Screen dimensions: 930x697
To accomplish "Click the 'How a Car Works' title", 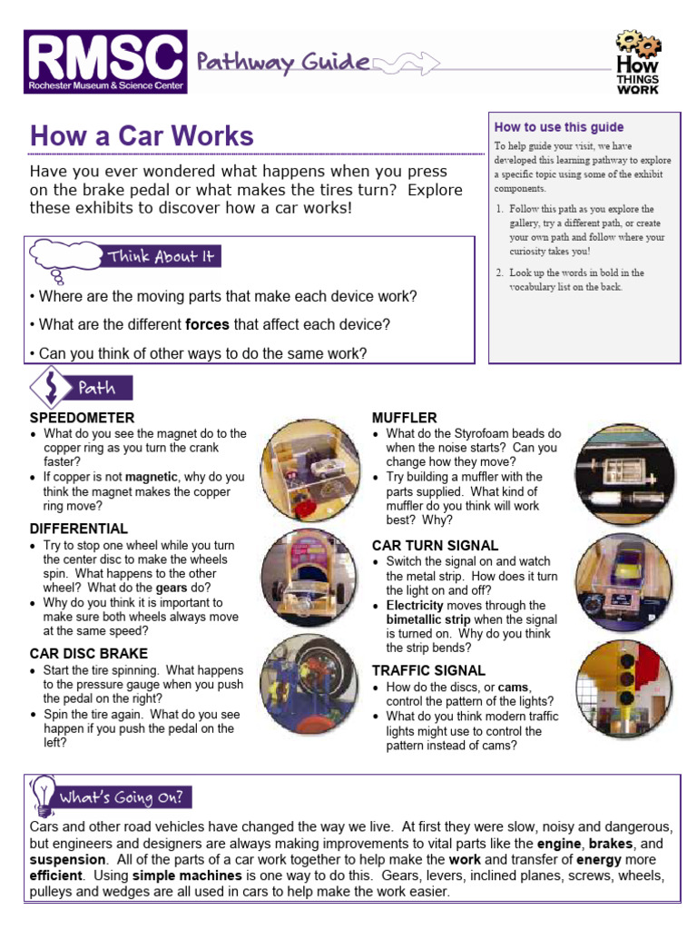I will (142, 136).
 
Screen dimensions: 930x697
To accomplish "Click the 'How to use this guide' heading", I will (558, 127).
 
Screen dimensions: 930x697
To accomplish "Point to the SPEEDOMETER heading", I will (82, 418).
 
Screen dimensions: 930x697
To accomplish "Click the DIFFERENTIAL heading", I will (79, 529).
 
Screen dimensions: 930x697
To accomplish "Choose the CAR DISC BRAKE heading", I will (88, 654).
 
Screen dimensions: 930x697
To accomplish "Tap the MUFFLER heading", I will (404, 418).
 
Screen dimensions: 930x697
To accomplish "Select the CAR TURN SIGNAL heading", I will (435, 546).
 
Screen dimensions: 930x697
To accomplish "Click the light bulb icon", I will (42, 796).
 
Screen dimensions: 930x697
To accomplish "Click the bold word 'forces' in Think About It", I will (207, 324).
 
